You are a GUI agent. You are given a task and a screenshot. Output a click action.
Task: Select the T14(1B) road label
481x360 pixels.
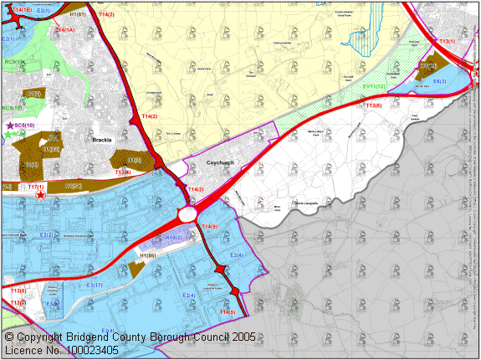18,9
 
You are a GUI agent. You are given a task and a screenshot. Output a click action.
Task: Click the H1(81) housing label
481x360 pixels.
79,15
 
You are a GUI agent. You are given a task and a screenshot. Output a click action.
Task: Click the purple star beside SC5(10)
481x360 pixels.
9,126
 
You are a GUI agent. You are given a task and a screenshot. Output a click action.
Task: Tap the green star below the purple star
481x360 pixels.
9,134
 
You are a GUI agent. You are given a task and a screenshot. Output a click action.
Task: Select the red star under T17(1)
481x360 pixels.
40,195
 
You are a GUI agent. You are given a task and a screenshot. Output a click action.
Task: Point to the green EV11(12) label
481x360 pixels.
374,86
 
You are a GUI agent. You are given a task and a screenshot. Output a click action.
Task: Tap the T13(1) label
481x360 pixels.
447,41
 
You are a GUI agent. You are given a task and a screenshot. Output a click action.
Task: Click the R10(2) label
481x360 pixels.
174,238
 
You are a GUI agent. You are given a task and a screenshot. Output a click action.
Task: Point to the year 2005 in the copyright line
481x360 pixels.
238,337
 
